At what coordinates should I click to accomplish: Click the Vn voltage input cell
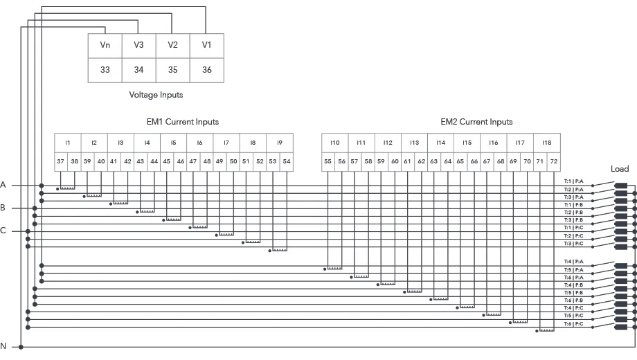point(105,45)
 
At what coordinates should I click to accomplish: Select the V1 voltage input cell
point(206,45)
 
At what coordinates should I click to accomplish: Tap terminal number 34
point(138,70)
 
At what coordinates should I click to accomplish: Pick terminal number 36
point(206,70)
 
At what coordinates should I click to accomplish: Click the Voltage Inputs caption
point(156,95)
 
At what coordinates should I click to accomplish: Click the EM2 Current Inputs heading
point(476,122)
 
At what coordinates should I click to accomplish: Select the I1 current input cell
point(68,143)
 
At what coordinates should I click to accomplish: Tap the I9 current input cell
point(279,143)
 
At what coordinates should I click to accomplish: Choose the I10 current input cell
point(334,143)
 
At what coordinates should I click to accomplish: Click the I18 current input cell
point(546,143)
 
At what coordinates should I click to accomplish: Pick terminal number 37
point(61,161)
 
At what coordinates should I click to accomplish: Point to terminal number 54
point(286,161)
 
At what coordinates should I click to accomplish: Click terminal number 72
point(553,161)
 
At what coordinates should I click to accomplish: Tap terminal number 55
point(328,161)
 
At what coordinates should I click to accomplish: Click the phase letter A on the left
point(3,185)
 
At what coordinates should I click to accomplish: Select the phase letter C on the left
point(3,231)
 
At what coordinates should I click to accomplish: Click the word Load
point(620,169)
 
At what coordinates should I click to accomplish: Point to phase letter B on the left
point(3,208)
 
